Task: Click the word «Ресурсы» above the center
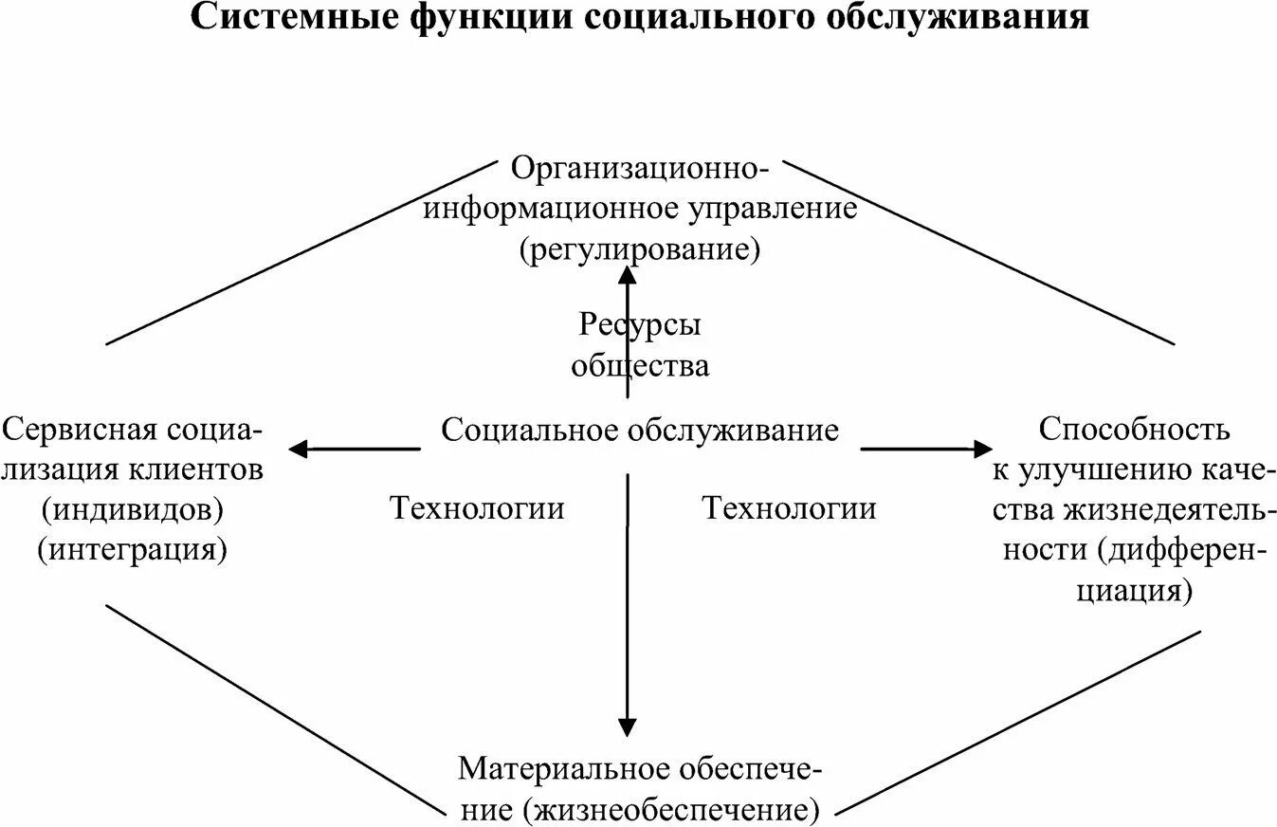click(x=640, y=325)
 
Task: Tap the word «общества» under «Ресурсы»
click(x=640, y=365)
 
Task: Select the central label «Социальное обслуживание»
click(x=640, y=431)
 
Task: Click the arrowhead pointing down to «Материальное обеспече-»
click(x=627, y=726)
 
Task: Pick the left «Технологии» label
click(x=478, y=509)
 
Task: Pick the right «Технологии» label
click(x=789, y=509)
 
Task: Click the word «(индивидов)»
click(x=133, y=509)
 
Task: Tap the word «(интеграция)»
click(x=133, y=549)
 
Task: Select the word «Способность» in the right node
click(x=1134, y=429)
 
